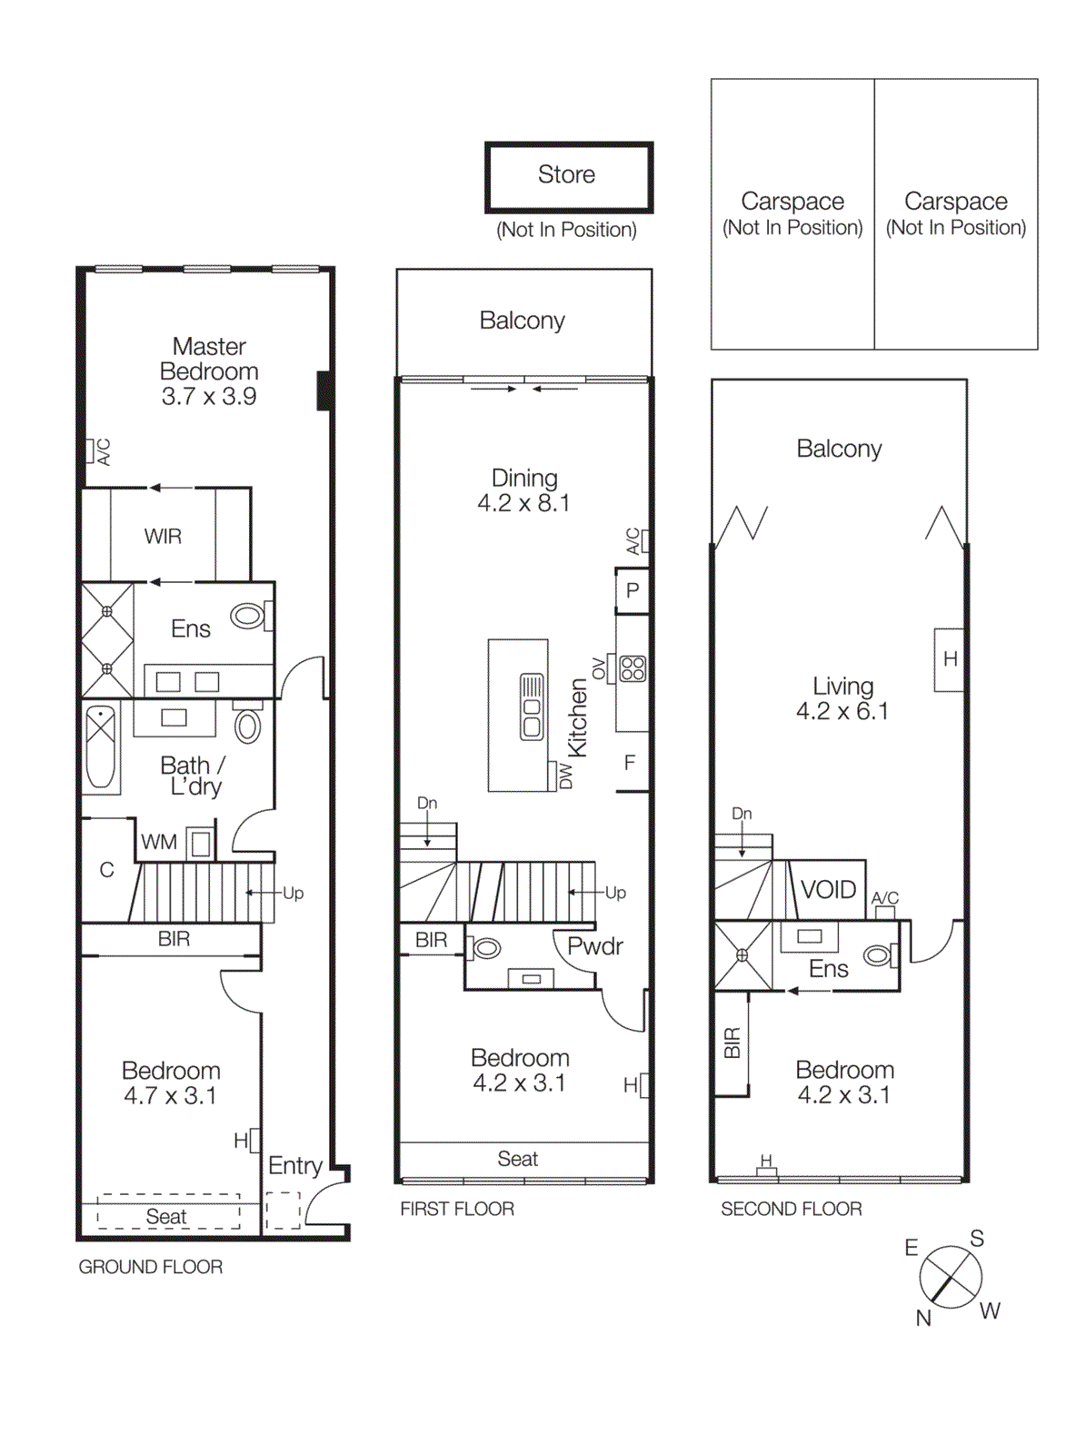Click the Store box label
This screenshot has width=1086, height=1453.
click(567, 175)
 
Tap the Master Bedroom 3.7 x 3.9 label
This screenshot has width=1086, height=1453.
click(209, 371)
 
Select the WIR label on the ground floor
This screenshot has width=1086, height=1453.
click(163, 537)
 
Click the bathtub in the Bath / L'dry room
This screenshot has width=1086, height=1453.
click(101, 746)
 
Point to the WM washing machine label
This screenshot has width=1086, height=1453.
click(158, 843)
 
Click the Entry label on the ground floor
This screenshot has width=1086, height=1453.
click(294, 1165)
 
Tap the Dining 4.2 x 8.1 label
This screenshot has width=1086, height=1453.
click(523, 490)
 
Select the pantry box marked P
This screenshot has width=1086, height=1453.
click(633, 590)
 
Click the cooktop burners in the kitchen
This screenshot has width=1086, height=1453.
click(633, 669)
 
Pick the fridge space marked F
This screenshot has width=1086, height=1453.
click(630, 763)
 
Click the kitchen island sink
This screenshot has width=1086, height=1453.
click(532, 707)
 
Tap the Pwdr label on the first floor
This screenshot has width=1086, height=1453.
click(594, 946)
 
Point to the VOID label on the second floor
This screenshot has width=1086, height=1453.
click(828, 889)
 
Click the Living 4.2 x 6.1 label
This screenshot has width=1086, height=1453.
click(842, 698)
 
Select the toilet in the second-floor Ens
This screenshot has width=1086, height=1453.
click(879, 955)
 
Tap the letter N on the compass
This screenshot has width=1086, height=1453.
click(923, 1318)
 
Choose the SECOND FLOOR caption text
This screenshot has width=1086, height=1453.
click(791, 1209)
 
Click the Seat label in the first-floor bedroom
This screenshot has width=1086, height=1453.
click(517, 1159)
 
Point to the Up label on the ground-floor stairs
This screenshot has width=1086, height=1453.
click(293, 893)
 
